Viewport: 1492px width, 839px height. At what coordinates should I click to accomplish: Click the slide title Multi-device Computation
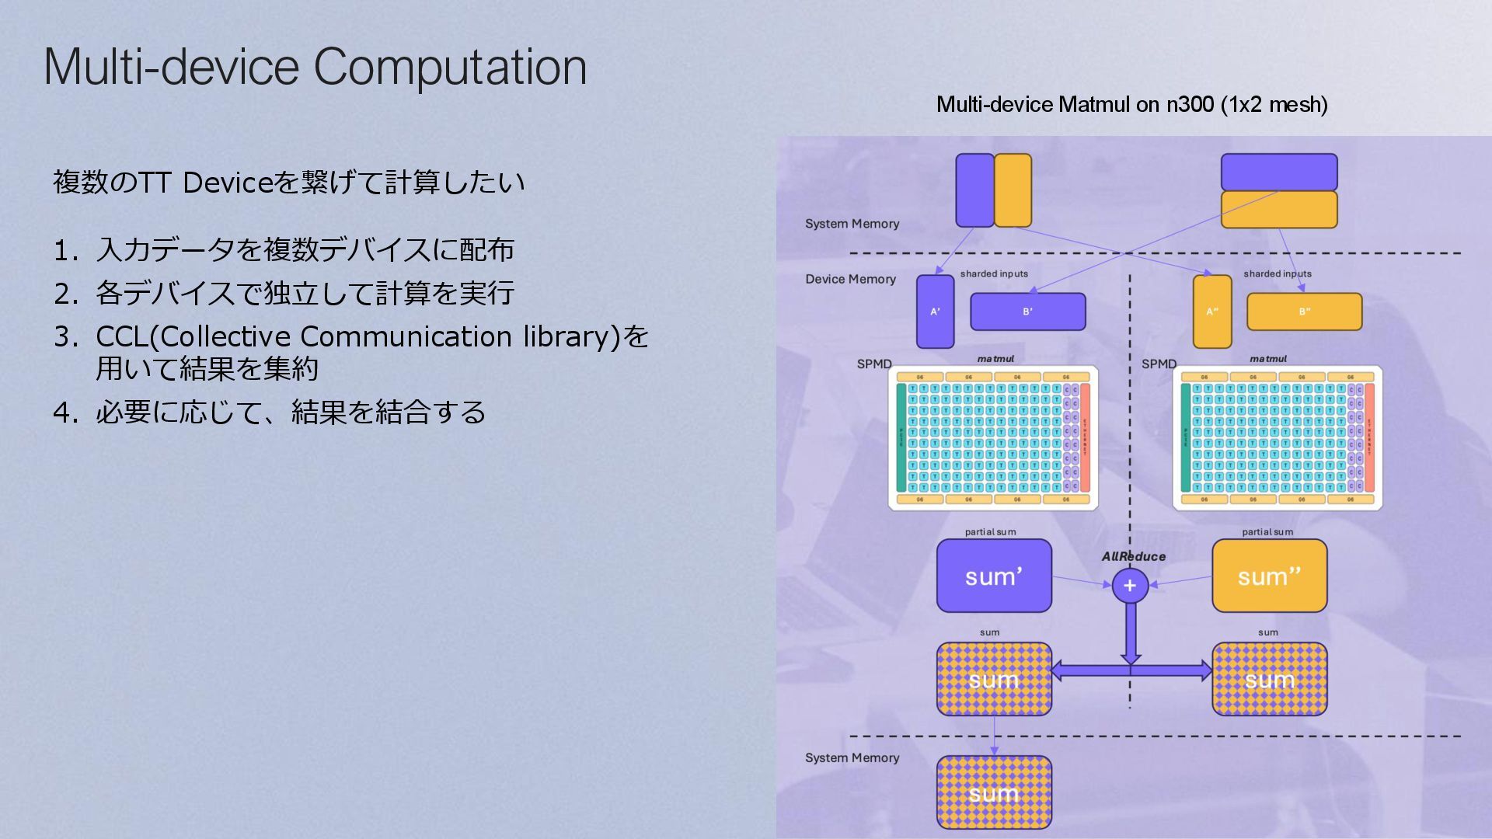click(x=315, y=67)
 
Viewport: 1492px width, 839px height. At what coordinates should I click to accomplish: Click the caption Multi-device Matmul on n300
click(x=1131, y=104)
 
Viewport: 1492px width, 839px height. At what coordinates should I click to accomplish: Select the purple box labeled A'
click(x=935, y=312)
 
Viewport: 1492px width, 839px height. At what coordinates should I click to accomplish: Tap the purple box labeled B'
click(x=1027, y=312)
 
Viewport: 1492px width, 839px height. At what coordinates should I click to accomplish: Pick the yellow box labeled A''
click(x=1212, y=312)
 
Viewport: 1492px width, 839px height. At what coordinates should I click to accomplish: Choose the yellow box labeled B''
click(x=1304, y=312)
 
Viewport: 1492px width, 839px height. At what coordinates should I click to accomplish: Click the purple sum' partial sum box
click(x=994, y=576)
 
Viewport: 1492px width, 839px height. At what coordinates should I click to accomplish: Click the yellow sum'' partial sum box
click(x=1269, y=576)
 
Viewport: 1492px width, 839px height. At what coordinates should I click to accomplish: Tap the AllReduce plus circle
click(x=1130, y=586)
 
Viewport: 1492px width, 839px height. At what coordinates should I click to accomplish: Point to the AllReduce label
click(x=1133, y=556)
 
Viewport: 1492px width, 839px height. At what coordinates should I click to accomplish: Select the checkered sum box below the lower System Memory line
click(x=994, y=792)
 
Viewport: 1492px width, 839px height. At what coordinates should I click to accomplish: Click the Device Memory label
click(x=850, y=279)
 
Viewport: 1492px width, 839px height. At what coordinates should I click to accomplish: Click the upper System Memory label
click(x=852, y=224)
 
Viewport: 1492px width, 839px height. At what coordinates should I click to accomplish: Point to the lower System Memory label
click(x=852, y=757)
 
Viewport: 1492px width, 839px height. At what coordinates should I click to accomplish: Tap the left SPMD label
click(x=874, y=364)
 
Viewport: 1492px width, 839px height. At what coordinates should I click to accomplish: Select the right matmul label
click(x=1267, y=359)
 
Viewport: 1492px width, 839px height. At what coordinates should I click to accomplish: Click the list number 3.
click(x=65, y=337)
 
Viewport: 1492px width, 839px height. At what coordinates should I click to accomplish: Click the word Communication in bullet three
click(x=406, y=336)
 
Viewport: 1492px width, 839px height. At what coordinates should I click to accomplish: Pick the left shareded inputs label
click(x=993, y=273)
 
